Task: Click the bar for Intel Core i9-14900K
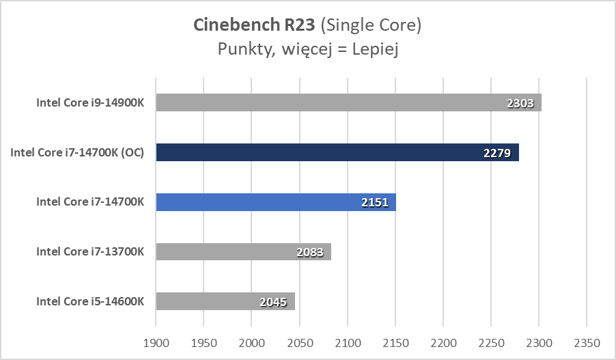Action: click(348, 102)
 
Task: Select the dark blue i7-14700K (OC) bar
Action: click(337, 152)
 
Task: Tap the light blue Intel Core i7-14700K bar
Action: click(276, 202)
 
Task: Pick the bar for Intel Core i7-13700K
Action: click(243, 251)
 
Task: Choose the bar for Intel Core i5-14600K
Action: click(225, 301)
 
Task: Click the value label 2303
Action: click(522, 104)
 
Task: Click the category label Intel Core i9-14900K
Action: click(90, 103)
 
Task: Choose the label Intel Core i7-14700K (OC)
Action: click(77, 152)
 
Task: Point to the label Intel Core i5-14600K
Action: click(90, 301)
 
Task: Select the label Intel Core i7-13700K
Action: click(90, 251)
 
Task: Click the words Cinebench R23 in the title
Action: click(255, 26)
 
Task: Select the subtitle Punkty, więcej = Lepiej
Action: click(307, 49)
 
